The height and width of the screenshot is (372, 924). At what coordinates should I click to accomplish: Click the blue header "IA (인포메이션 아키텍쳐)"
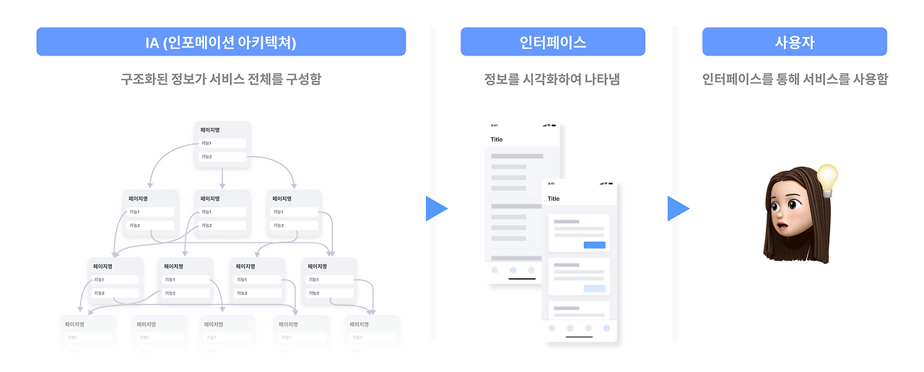point(221,42)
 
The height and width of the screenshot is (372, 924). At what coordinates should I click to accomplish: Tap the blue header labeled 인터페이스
point(553,42)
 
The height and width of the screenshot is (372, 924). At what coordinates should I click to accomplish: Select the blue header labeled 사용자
point(794,42)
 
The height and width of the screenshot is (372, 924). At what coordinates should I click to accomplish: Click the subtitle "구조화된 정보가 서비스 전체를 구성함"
point(221,79)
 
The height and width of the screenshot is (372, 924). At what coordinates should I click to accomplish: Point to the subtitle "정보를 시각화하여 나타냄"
point(552,79)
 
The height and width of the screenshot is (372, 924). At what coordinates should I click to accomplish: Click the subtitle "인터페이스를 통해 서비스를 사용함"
point(795,79)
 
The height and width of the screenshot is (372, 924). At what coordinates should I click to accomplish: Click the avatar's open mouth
point(783,222)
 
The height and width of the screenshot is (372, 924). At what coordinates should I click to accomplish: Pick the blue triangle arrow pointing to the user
point(678,209)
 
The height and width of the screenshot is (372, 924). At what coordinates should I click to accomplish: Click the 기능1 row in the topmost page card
point(222,143)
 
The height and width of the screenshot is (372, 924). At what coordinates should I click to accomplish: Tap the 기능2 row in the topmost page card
point(222,157)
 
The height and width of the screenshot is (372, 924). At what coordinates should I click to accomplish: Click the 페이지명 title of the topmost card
point(210,130)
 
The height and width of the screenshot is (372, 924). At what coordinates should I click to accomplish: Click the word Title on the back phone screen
point(497,139)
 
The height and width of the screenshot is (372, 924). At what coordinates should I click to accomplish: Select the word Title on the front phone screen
point(554,199)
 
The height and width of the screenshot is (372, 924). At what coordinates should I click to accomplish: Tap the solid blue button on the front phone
point(594,246)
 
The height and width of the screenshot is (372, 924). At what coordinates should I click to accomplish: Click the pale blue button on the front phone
point(594,288)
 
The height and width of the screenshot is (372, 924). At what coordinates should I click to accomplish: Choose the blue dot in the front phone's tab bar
point(606,328)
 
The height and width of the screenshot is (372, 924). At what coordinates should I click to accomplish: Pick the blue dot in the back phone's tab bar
point(513,270)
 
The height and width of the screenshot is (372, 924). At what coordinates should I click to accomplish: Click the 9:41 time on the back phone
point(494,126)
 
